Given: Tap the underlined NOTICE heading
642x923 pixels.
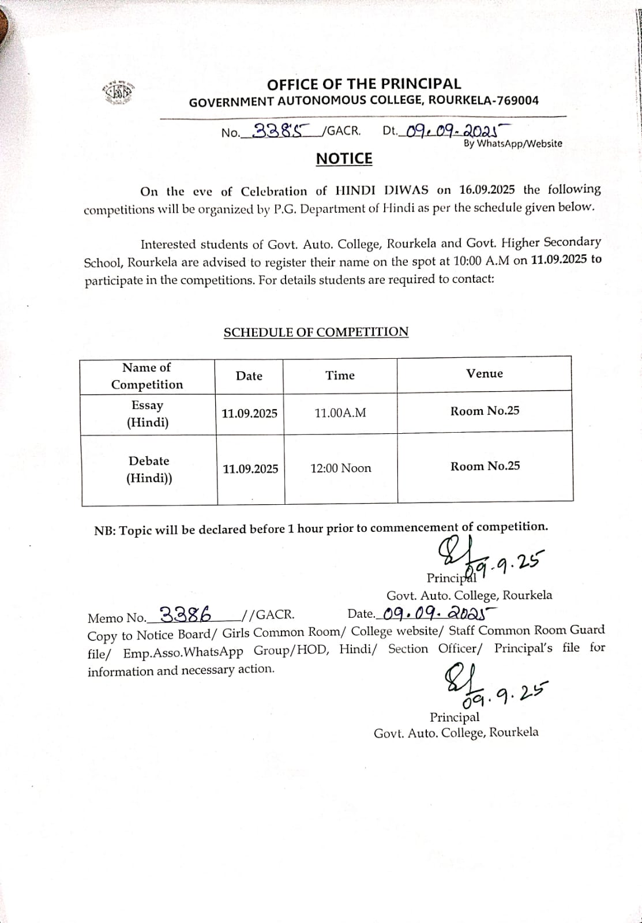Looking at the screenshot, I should pos(344,159).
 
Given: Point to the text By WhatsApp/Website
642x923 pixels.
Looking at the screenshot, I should pos(513,144).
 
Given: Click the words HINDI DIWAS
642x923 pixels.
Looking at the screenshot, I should pos(382,190).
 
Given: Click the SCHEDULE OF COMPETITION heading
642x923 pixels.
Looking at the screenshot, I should pos(316,332).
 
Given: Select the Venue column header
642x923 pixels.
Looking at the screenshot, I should pos(485,374).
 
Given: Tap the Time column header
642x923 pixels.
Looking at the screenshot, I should pos(340,376).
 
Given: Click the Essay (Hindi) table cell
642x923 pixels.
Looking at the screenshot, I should pos(148,414).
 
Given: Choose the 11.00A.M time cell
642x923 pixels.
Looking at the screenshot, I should pos(340,413).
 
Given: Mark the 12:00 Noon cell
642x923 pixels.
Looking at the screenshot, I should pos(341,468).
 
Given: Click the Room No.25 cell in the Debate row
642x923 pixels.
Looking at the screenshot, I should pos(485,466).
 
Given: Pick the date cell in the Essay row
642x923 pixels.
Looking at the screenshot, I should pos(249,414).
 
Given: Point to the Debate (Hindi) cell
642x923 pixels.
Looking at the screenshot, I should pos(149,470).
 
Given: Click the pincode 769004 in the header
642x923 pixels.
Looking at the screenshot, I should pos(517,100).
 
